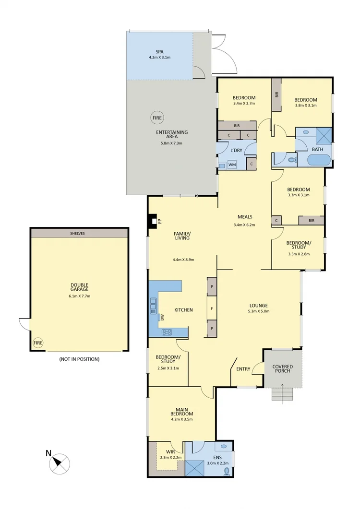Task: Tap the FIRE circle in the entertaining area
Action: point(157,118)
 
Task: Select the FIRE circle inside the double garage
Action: point(38,343)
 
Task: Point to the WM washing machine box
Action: point(232,165)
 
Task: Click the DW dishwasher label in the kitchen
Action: point(162,317)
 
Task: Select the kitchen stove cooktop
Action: point(167,331)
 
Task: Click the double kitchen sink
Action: point(153,306)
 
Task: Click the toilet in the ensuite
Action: point(227,472)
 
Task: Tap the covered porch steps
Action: point(282,395)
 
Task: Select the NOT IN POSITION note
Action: point(79,359)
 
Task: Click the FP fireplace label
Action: point(160,221)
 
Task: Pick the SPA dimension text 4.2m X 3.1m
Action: point(159,58)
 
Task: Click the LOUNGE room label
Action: point(258,306)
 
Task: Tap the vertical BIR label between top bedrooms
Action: point(276,95)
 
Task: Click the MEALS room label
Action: point(244,217)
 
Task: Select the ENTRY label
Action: point(243,368)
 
